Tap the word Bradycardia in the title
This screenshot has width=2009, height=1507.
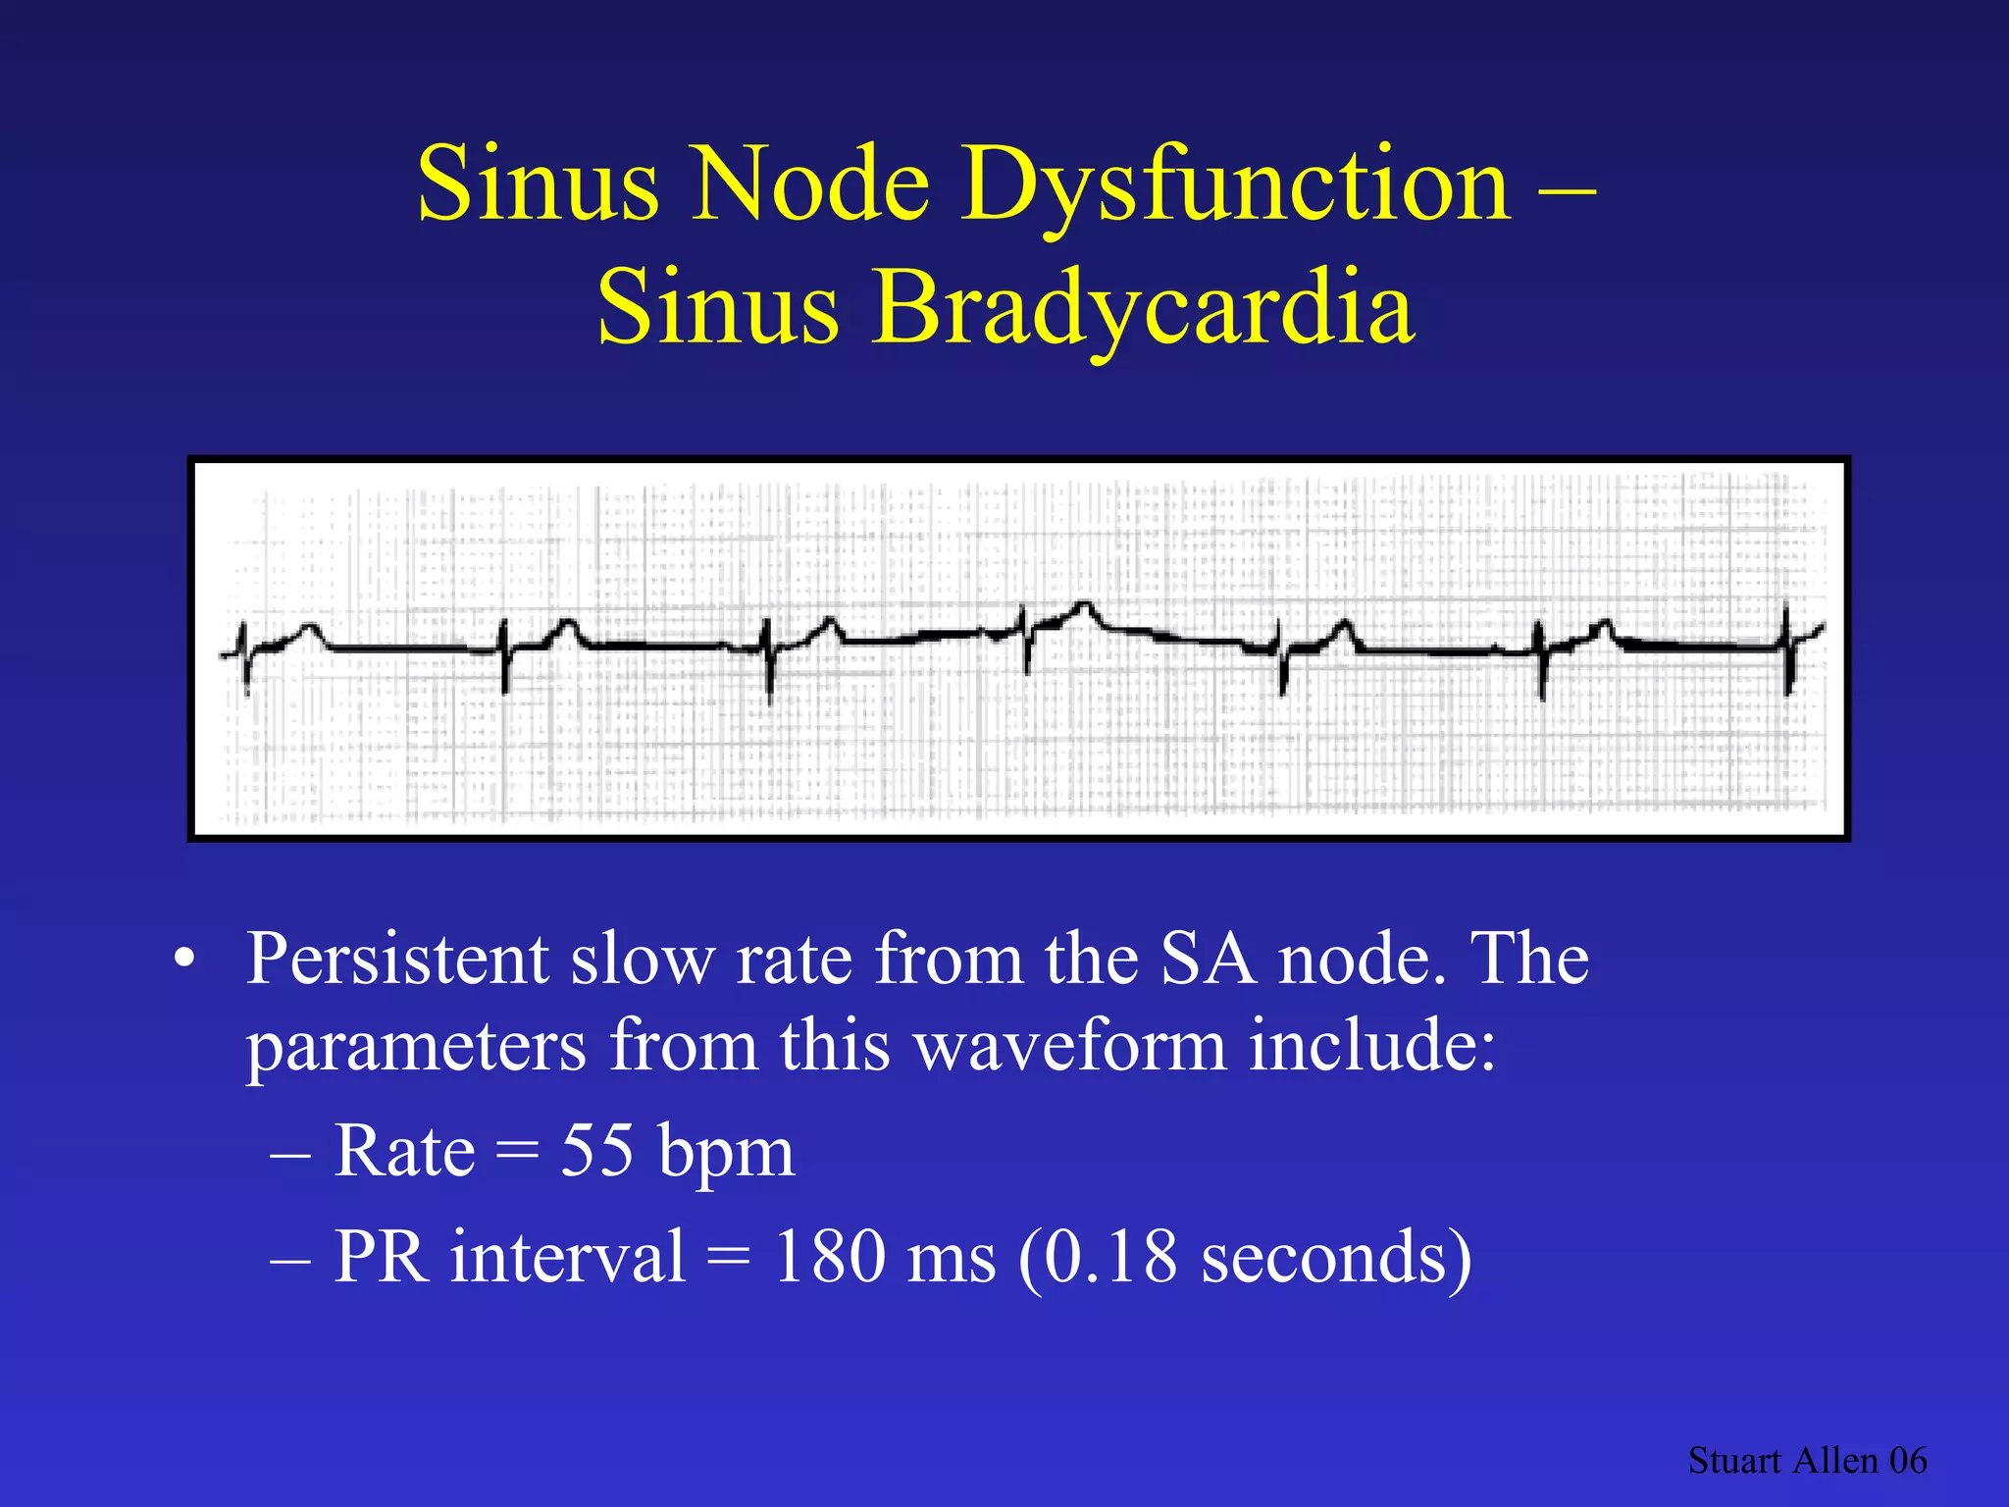[x=1143, y=309]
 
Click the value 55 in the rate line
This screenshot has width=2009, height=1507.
[x=596, y=1150]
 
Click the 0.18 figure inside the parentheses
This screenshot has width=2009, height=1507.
[x=1108, y=1256]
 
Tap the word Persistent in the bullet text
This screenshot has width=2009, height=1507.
[x=396, y=959]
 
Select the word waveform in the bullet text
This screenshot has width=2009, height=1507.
[x=1070, y=1046]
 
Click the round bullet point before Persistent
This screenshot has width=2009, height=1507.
[x=183, y=960]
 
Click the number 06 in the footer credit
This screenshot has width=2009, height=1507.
[x=1908, y=1461]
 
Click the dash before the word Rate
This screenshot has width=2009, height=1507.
[x=289, y=1154]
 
